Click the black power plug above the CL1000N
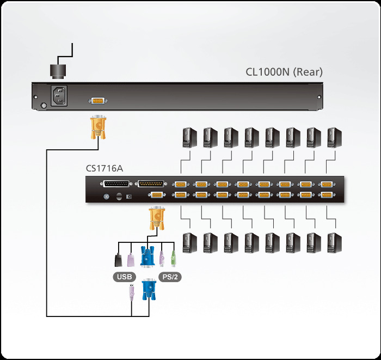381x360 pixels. (59, 71)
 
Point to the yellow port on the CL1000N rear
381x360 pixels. (98, 101)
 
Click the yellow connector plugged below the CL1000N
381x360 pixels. (98, 126)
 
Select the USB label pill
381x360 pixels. (124, 277)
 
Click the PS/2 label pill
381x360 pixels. (170, 277)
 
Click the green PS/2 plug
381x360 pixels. (173, 258)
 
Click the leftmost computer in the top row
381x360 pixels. (188, 138)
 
